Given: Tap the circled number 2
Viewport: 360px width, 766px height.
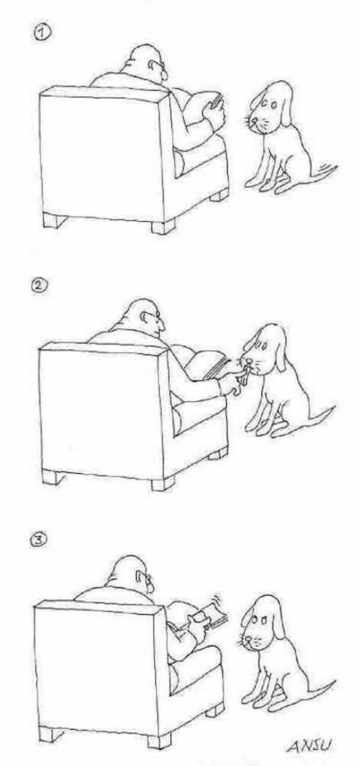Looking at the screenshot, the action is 40,285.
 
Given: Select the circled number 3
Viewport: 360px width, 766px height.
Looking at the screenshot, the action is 40,540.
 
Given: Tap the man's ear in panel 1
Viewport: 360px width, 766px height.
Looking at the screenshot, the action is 152,64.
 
